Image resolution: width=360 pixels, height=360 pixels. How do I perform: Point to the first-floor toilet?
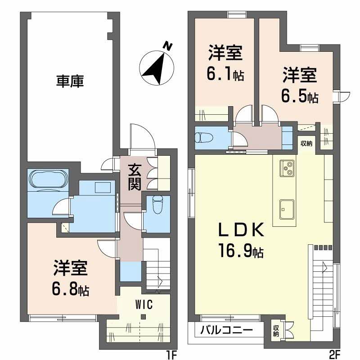coord(157,206)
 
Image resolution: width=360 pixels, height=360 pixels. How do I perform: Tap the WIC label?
coord(144,305)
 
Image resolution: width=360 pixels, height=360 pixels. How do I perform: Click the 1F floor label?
coord(170,355)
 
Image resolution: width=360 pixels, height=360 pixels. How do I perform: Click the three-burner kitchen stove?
coord(287,168)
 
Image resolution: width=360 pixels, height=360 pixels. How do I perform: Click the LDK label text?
coord(240,230)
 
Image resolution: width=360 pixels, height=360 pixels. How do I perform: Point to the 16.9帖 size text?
coord(241,251)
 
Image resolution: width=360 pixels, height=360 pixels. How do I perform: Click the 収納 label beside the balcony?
coord(275,331)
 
